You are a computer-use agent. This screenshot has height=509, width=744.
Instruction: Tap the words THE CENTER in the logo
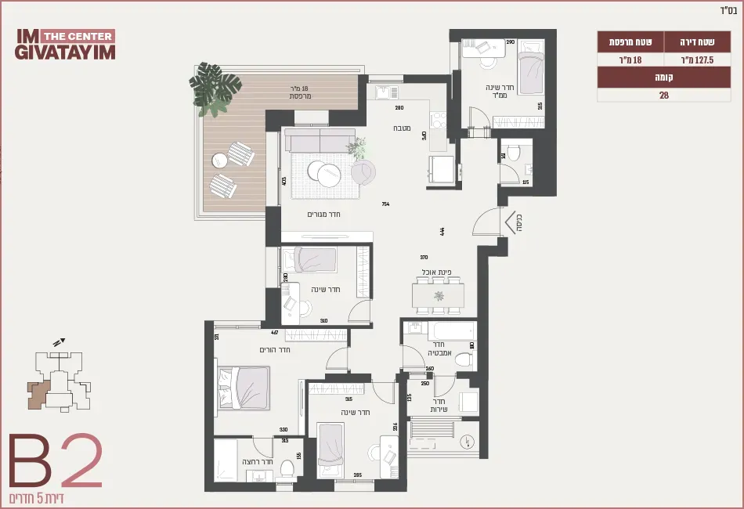coord(77,36)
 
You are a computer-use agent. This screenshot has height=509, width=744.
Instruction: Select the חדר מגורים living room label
coord(323,214)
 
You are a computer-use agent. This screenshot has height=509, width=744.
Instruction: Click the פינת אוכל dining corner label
coord(434,272)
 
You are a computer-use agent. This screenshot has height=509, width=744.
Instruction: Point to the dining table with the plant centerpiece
coord(439,296)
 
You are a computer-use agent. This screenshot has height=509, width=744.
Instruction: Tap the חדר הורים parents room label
coord(275,349)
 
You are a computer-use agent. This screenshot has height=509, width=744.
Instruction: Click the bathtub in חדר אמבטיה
coord(438,330)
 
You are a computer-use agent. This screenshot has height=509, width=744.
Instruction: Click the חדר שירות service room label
coord(439,405)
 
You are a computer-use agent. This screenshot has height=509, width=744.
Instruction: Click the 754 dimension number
coord(385,204)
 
